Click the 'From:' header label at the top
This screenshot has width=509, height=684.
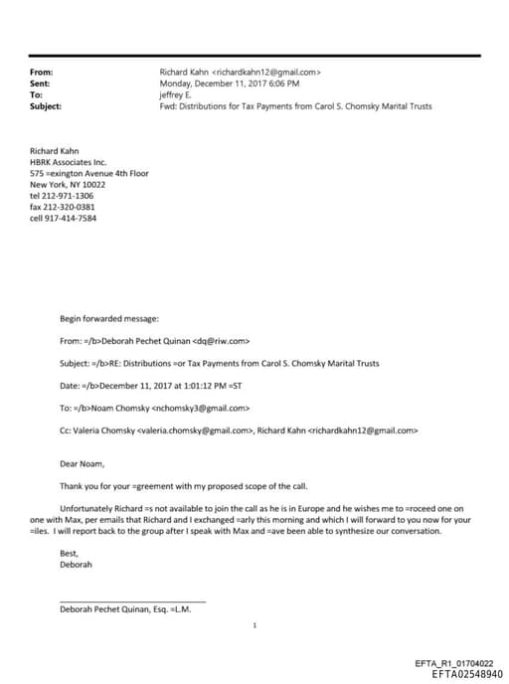pyautogui.click(x=42, y=73)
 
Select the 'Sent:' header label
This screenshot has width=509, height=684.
pyautogui.click(x=41, y=84)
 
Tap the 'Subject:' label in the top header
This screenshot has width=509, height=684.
pyautogui.click(x=46, y=105)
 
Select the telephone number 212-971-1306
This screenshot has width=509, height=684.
pyautogui.click(x=69, y=196)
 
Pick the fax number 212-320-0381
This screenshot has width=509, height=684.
pyautogui.click(x=69, y=207)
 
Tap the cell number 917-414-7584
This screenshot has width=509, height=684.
pyautogui.click(x=70, y=218)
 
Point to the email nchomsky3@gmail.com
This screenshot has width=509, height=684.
pyautogui.click(x=201, y=408)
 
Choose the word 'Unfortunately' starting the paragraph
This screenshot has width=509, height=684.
pyautogui.click(x=86, y=508)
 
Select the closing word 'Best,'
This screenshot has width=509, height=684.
pyautogui.click(x=70, y=554)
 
